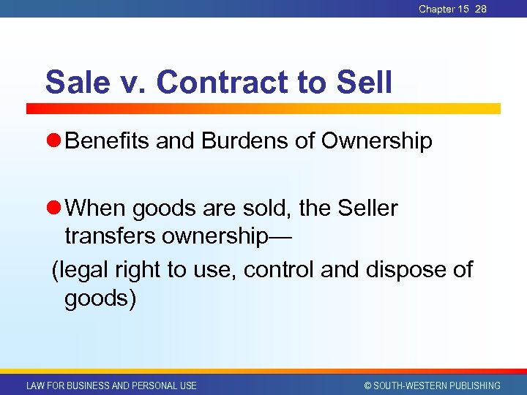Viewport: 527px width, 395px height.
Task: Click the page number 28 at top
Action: coord(480,9)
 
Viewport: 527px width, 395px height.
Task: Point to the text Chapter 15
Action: coord(444,9)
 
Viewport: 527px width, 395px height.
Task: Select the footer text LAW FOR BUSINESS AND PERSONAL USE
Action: coord(111,385)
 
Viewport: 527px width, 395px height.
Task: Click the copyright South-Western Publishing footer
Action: coord(432,385)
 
